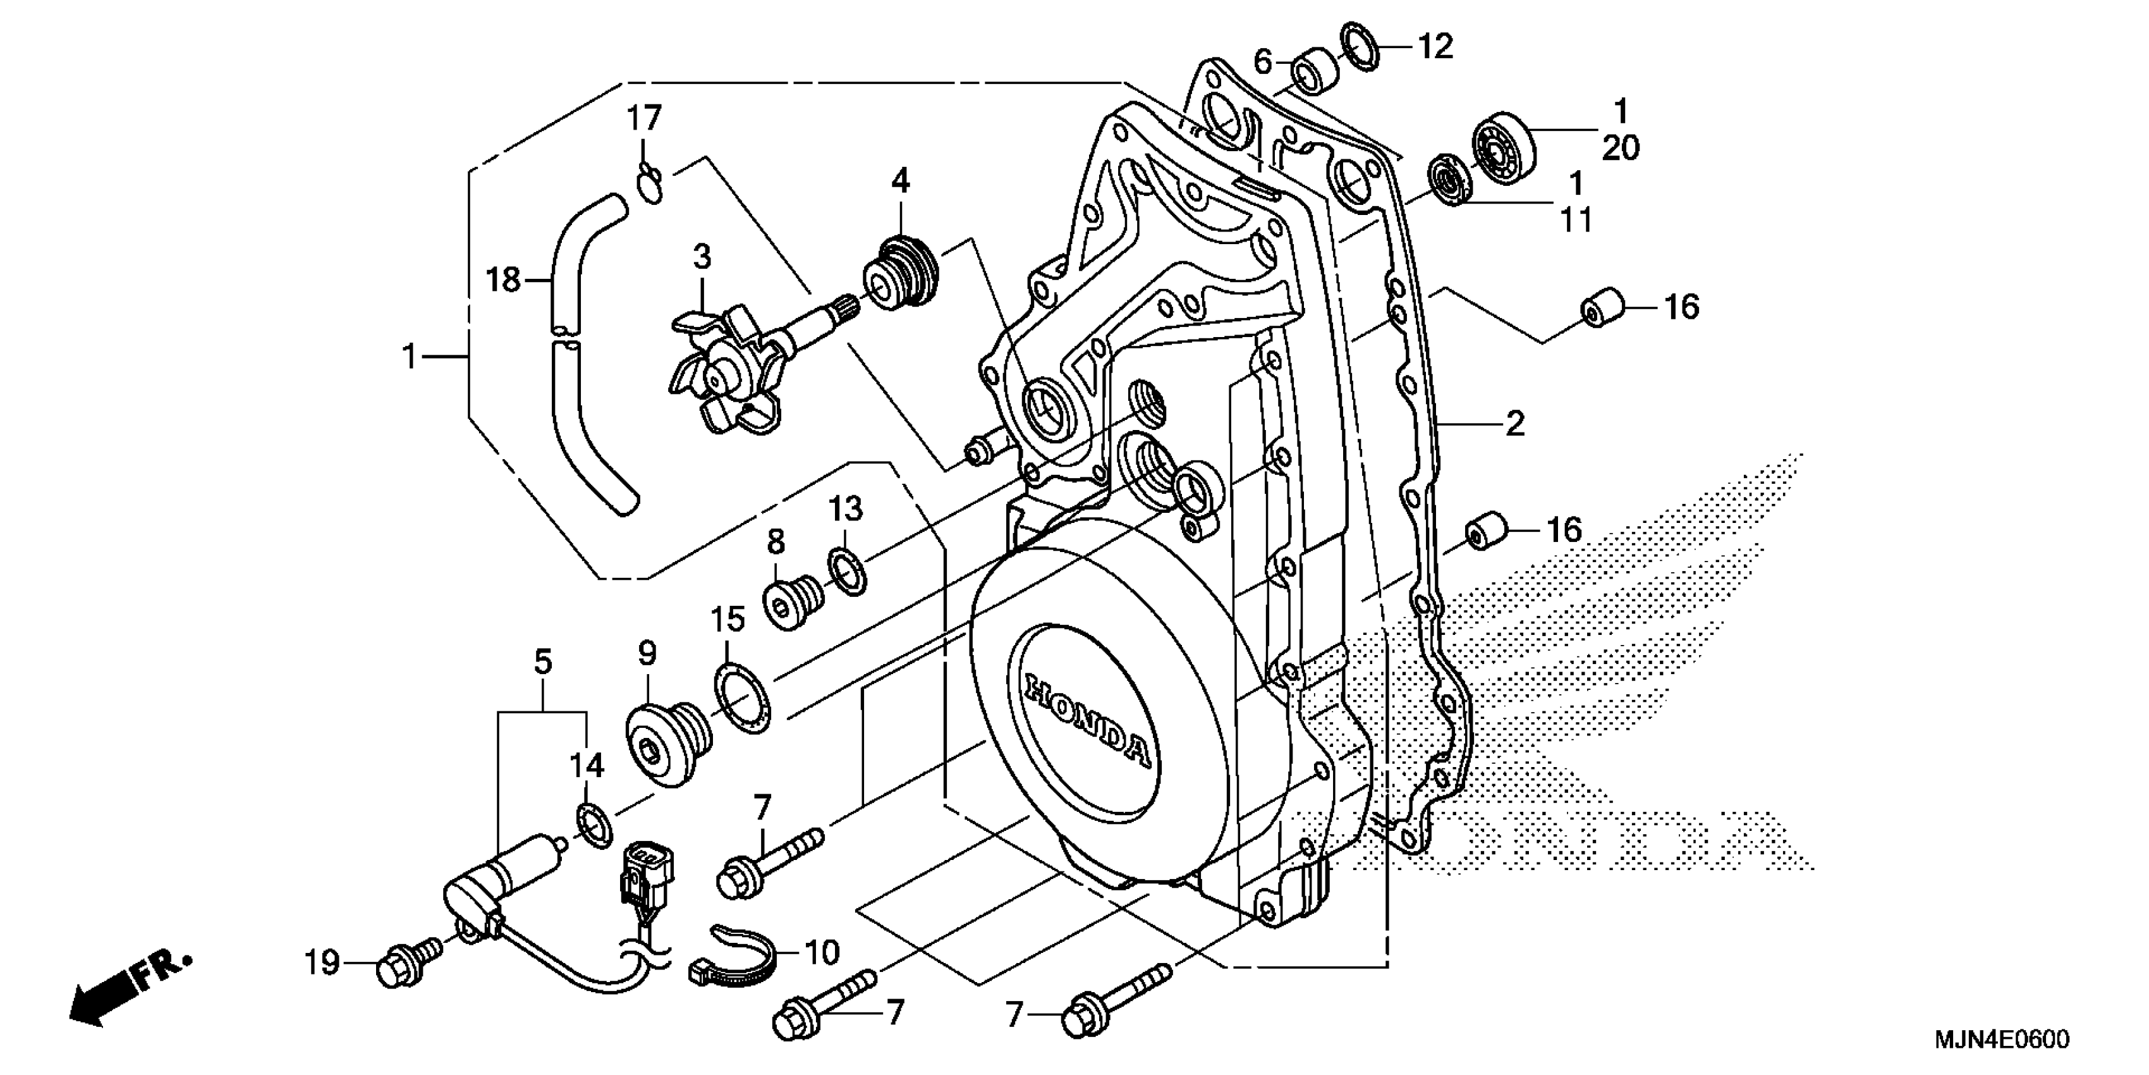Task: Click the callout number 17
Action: click(x=644, y=118)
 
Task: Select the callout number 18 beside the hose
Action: click(x=503, y=279)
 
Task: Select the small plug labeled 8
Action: click(x=792, y=599)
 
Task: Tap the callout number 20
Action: click(x=1620, y=149)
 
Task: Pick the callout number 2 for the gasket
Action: click(x=1514, y=424)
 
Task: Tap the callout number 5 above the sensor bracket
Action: click(x=543, y=663)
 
